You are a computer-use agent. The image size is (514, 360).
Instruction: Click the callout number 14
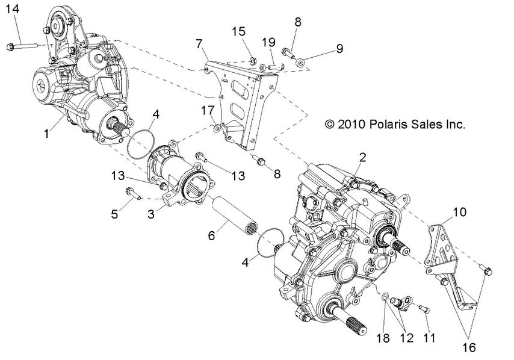(12, 8)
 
